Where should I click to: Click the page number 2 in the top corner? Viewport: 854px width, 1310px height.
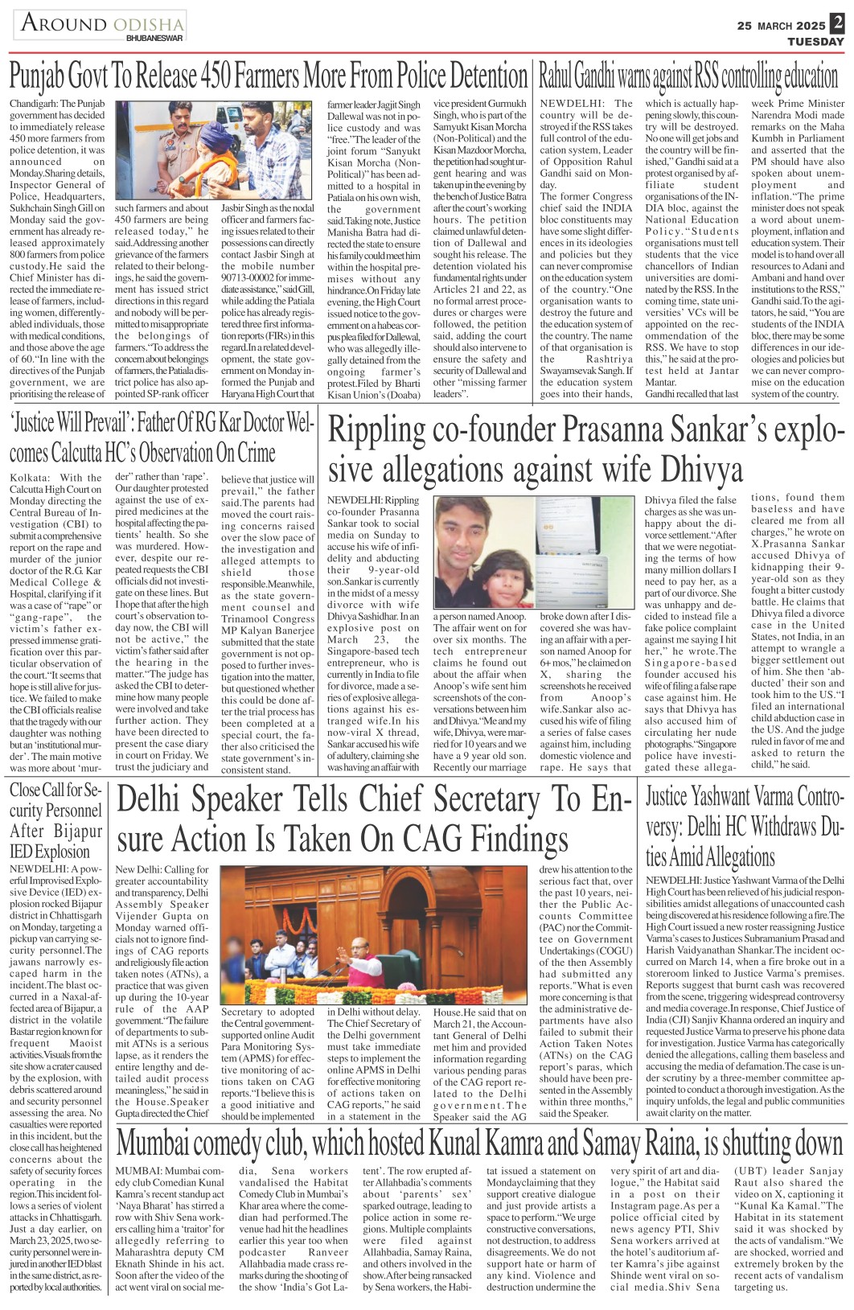[838, 24]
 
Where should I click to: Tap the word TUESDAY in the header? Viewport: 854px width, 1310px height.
[815, 41]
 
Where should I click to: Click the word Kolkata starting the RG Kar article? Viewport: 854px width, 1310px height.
[30, 478]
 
